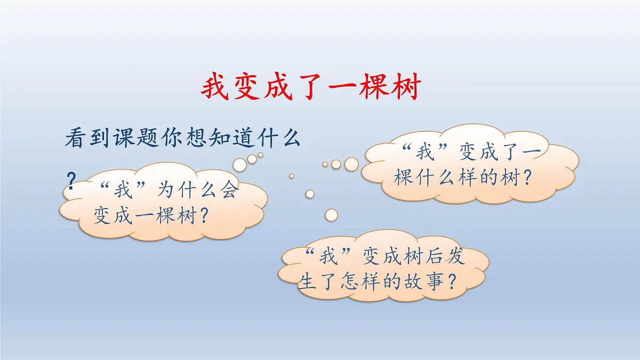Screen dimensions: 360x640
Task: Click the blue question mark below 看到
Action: pyautogui.click(x=70, y=179)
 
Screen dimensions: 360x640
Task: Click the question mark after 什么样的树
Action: pyautogui.click(x=527, y=178)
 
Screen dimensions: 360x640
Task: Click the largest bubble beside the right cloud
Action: pyautogui.click(x=351, y=164)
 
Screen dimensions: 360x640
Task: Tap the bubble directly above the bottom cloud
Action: pyautogui.click(x=331, y=215)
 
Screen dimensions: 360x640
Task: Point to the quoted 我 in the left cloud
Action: pyautogui.click(x=122, y=190)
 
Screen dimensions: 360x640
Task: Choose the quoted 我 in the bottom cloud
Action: pyautogui.click(x=329, y=258)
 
